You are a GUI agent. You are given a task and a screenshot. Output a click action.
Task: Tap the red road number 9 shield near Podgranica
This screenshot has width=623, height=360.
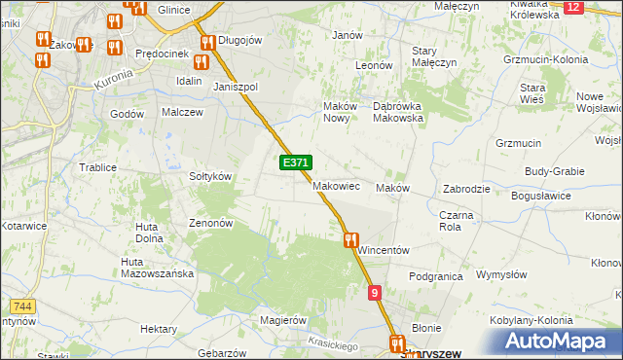[375, 292]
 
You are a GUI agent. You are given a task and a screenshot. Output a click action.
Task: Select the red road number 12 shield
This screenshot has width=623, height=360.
[573, 7]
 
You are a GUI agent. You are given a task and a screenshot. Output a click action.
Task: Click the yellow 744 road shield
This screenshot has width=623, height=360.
[24, 306]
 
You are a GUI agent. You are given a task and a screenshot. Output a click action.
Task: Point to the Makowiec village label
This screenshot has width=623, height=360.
[337, 186]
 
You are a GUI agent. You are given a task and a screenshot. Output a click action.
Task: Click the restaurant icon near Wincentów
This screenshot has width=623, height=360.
[350, 238]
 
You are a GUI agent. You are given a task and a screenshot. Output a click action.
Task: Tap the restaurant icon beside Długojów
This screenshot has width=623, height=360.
[207, 42]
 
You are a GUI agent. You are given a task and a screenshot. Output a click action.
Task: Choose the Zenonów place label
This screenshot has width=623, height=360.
[210, 222]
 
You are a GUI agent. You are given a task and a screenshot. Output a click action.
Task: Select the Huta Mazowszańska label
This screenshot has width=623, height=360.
[157, 268]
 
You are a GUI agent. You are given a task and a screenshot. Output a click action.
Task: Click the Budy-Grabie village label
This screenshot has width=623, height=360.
[555, 170]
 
